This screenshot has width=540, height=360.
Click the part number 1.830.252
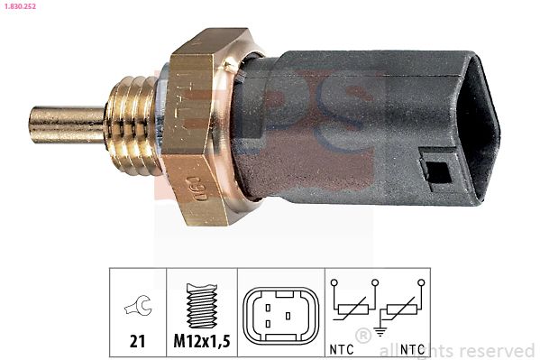(x=19, y=7)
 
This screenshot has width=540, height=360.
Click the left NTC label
(x=341, y=348)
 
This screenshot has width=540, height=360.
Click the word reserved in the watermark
(x=504, y=350)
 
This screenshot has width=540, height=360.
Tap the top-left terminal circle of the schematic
(x=334, y=282)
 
